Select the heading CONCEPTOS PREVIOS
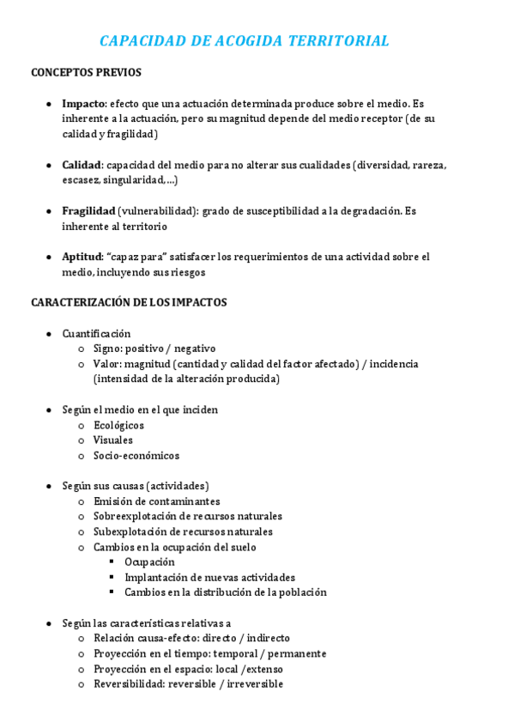click(86, 73)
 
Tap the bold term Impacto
click(83, 103)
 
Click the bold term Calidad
click(82, 165)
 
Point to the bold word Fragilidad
click(88, 211)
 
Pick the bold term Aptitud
click(82, 257)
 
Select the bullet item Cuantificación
click(96, 333)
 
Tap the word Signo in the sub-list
click(107, 349)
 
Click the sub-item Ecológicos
click(118, 425)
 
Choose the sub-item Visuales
click(113, 440)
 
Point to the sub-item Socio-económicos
click(136, 456)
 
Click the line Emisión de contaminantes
click(156, 501)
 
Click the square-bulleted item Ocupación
click(149, 562)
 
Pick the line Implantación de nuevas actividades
click(209, 578)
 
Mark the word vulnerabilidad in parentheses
click(160, 211)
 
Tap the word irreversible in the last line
click(255, 684)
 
